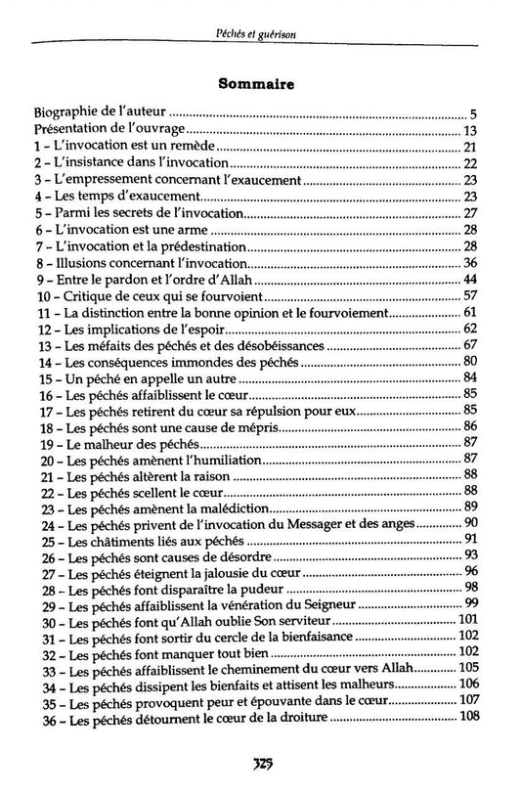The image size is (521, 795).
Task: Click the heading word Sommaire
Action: tap(260, 85)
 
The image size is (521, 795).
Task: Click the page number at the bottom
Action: tap(261, 764)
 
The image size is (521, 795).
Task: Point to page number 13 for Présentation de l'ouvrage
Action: tap(469, 131)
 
